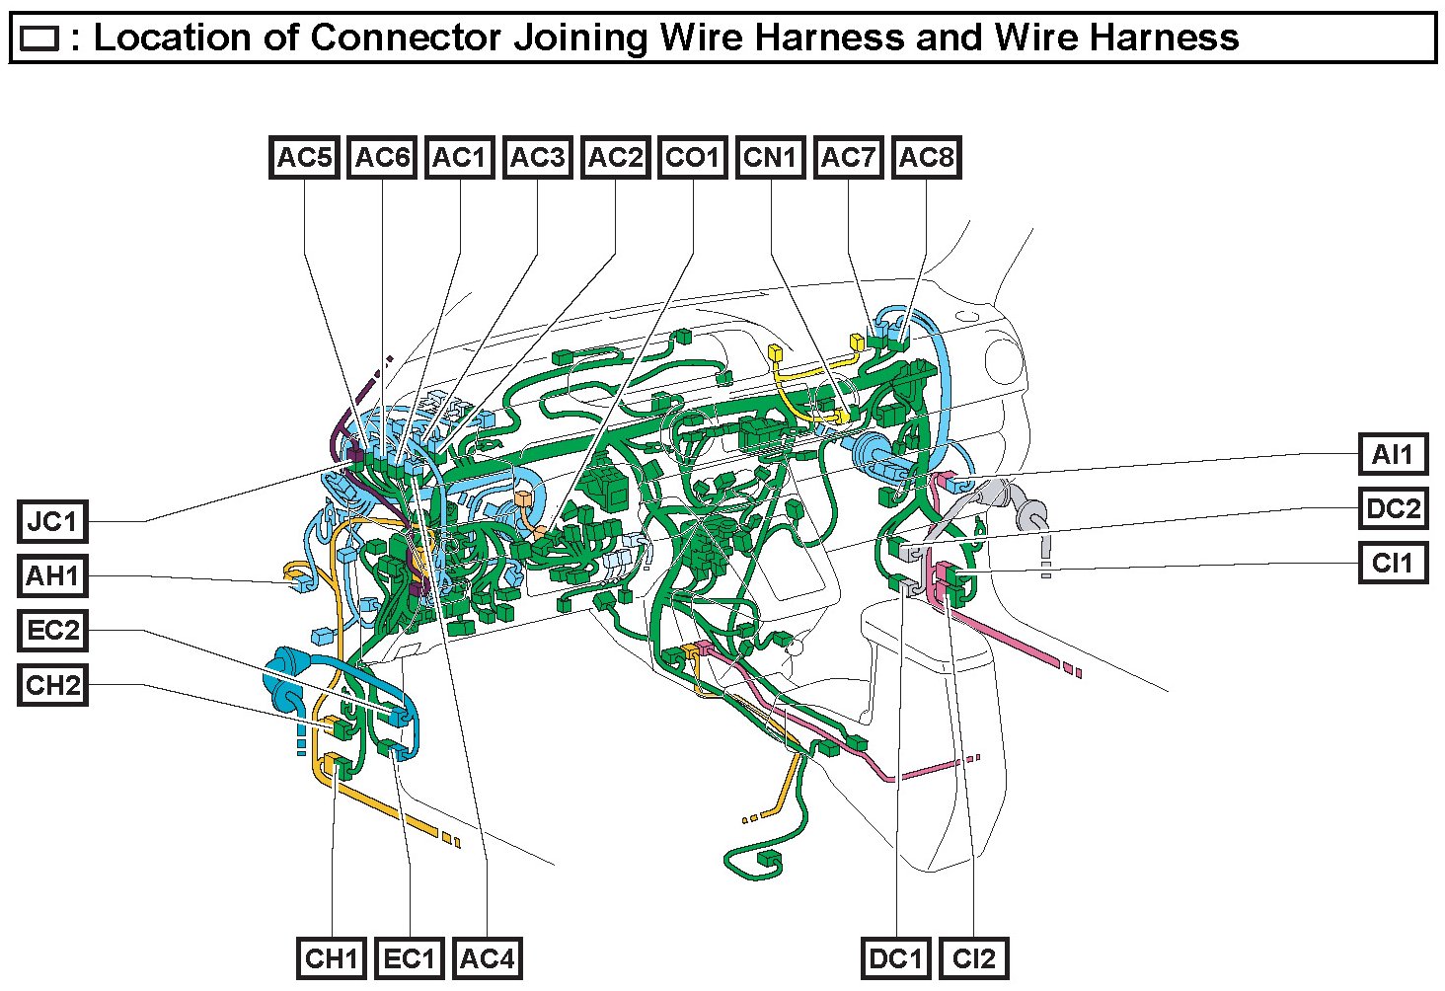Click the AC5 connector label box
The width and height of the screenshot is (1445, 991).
point(304,158)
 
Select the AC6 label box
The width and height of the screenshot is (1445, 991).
point(382,158)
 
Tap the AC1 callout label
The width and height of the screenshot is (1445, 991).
point(460,158)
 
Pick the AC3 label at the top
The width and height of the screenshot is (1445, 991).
point(538,158)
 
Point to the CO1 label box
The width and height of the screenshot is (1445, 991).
point(693,158)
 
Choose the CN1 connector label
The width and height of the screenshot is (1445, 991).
point(771,158)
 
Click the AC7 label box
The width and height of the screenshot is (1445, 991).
point(849,158)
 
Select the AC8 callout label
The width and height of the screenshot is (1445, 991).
point(926,158)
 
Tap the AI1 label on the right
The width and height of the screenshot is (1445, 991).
point(1393,455)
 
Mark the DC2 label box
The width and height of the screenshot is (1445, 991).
point(1393,509)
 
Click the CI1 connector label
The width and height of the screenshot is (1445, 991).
point(1393,564)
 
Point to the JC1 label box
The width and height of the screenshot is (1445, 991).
point(52,521)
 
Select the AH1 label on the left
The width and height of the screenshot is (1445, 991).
point(52,575)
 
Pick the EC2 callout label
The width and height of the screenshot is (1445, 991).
point(52,630)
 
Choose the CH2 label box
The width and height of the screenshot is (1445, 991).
point(52,685)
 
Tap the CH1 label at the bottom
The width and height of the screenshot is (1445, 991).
point(332,958)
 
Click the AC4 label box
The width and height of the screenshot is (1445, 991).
point(488,958)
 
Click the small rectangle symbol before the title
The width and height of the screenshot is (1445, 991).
point(39,38)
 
